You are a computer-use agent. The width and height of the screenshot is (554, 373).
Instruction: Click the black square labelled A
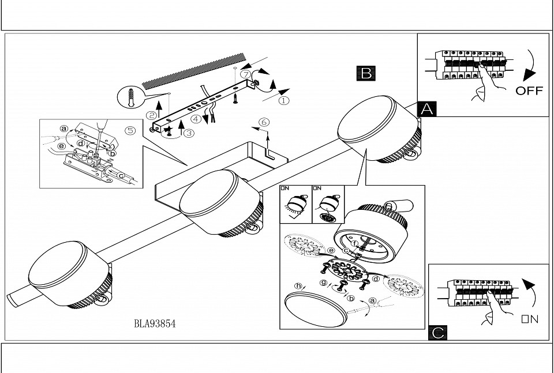[x=427, y=109]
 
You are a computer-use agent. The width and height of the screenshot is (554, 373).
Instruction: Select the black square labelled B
[x=366, y=73]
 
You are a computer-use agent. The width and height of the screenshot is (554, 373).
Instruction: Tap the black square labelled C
[x=438, y=333]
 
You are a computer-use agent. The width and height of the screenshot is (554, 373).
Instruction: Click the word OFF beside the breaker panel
[x=529, y=91]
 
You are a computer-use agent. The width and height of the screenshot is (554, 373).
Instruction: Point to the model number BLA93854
[x=155, y=323]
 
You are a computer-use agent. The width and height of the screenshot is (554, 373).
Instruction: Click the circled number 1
[x=284, y=100]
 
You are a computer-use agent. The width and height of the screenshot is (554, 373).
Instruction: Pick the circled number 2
[x=152, y=115]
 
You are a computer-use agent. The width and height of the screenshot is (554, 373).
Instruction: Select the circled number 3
[x=189, y=133]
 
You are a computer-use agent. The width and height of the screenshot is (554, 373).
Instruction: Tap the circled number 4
[x=196, y=119]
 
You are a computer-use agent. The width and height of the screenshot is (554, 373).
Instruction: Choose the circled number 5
[x=130, y=130]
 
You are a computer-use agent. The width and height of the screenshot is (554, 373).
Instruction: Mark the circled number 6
[x=264, y=122]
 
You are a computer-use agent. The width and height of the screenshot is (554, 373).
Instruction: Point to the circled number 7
[x=246, y=74]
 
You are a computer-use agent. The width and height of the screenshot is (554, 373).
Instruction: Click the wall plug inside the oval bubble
[x=131, y=97]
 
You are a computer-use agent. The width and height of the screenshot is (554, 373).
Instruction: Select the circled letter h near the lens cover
[x=298, y=286]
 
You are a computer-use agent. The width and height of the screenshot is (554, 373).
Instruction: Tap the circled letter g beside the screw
[x=323, y=282]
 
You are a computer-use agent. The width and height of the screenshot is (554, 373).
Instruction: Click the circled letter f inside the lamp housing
[x=355, y=243]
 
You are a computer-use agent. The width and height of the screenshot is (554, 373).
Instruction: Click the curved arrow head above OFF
[x=529, y=75]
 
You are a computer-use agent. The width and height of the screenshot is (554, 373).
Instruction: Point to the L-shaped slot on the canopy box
[x=269, y=154]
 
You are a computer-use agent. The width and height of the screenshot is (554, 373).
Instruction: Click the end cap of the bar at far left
[x=13, y=299]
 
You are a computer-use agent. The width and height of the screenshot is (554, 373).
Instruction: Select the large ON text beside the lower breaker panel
[x=530, y=319]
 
